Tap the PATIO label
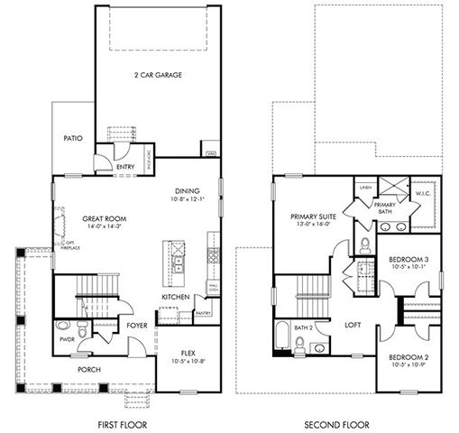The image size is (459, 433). point(74,139)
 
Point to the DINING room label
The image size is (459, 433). point(188,191)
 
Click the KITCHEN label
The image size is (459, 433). point(174,296)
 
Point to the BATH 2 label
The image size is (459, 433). point(304,328)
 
